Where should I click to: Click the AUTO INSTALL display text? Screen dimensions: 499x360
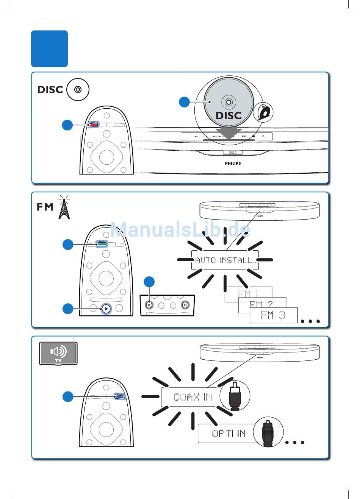coord(225,260)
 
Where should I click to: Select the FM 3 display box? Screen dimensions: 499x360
coord(273,315)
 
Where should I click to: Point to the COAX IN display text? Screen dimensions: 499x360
coord(192,397)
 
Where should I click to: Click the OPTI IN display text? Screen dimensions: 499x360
coord(229,433)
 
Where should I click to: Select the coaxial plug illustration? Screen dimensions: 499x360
coord(235,396)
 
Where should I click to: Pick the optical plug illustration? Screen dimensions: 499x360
coord(268,432)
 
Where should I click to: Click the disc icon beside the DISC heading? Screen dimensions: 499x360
coord(78,90)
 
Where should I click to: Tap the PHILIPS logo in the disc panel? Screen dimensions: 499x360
coord(233,164)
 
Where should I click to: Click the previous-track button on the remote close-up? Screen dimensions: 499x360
coord(150,305)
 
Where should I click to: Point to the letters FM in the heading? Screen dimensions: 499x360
coord(45,207)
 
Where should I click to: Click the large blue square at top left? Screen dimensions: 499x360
coord(49,48)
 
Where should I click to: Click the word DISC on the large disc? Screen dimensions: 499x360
coord(229,115)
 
